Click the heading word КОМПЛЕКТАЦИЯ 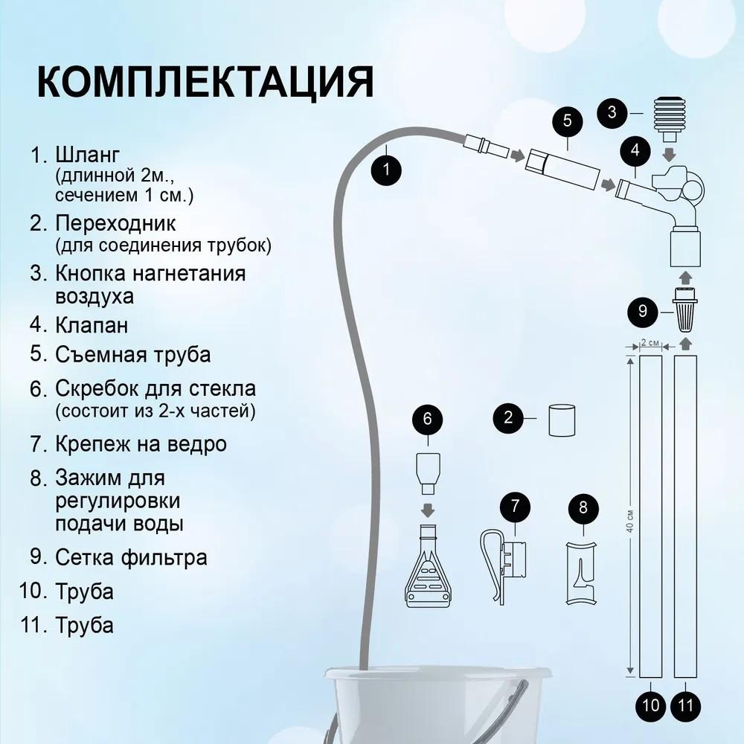(x=205, y=82)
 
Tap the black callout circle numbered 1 (x=386, y=169)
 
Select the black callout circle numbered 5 (x=567, y=121)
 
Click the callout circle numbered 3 (x=612, y=112)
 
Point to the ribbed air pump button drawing (x=670, y=118)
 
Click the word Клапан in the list (x=92, y=325)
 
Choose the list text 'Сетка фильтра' (x=131, y=557)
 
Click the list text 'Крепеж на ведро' (x=141, y=444)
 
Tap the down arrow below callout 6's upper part (x=428, y=510)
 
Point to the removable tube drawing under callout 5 (x=563, y=169)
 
